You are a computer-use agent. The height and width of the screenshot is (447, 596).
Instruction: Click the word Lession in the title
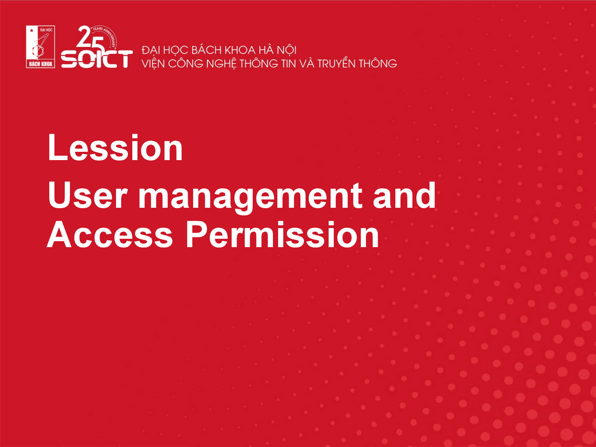[115, 148]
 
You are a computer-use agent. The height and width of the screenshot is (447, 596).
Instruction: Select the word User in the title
[88, 195]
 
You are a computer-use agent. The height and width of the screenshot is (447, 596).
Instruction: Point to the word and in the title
[404, 195]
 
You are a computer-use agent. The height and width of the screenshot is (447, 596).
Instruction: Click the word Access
[110, 235]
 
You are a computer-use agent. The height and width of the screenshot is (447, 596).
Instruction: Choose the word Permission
[282, 235]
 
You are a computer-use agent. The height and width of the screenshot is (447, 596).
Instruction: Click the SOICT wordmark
[97, 59]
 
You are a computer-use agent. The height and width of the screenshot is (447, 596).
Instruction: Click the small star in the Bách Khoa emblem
[32, 30]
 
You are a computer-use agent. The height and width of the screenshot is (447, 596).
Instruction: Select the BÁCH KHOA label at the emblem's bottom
[41, 64]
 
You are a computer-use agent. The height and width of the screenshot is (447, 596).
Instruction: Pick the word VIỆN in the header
[153, 64]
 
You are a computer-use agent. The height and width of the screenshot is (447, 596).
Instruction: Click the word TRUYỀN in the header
[337, 63]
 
